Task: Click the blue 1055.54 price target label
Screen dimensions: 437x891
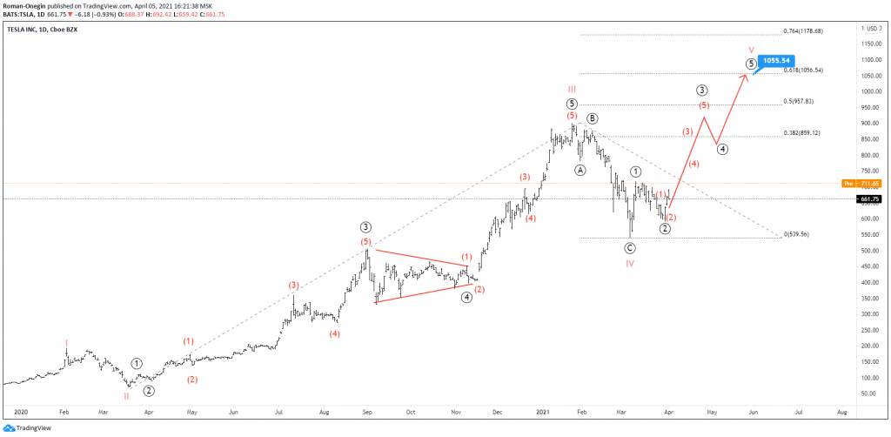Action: tap(774, 61)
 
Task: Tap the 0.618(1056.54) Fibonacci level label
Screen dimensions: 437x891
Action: tap(801, 70)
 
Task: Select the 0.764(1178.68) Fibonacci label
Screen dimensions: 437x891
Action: tap(802, 30)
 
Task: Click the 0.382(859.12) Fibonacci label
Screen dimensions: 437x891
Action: tap(801, 133)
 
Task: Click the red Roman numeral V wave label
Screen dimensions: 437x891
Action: tap(750, 50)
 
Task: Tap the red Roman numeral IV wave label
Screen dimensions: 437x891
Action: tap(630, 263)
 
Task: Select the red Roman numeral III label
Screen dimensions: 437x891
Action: tap(572, 89)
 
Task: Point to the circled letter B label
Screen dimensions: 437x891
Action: tap(592, 118)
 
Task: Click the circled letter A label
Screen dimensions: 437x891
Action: tap(580, 171)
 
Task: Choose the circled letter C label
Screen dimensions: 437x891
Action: tap(630, 248)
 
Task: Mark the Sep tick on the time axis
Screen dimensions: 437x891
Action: tap(366, 410)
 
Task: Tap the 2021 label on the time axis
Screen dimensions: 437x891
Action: tap(543, 410)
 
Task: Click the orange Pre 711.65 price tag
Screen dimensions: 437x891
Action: tap(862, 184)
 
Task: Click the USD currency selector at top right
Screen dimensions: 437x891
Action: tap(871, 29)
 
